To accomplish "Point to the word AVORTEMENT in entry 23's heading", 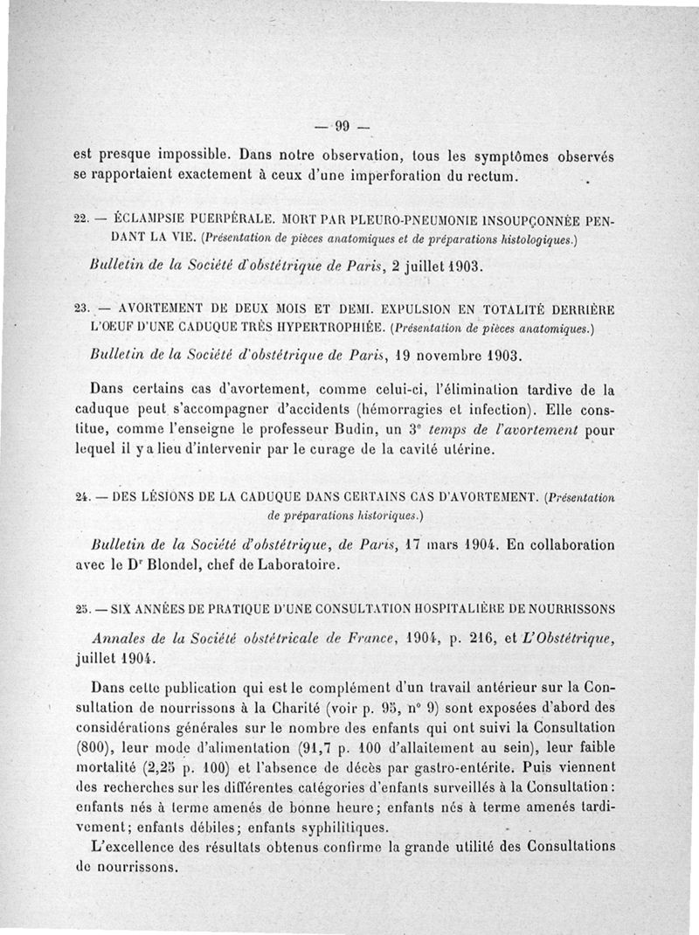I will (158, 308).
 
